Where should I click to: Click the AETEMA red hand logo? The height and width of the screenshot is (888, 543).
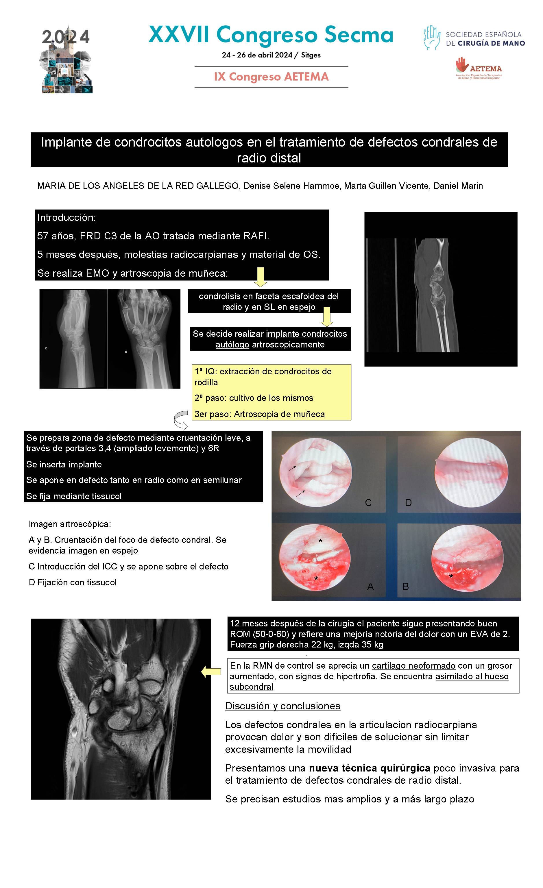[x=461, y=64]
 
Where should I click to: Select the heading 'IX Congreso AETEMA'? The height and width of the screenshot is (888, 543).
[x=271, y=77]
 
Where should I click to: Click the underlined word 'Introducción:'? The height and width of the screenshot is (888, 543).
[x=66, y=218]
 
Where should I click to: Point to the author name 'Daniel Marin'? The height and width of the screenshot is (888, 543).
[x=458, y=186]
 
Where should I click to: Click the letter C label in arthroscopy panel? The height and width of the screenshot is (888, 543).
[x=368, y=503]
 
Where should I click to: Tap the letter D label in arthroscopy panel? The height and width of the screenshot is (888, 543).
[x=408, y=503]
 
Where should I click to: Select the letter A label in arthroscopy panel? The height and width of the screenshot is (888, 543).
[x=370, y=587]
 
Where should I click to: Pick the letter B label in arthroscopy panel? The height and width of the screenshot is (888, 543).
[x=406, y=587]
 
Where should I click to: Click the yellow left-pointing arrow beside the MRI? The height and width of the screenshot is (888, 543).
[x=211, y=672]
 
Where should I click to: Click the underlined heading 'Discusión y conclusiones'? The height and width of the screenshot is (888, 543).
[x=283, y=706]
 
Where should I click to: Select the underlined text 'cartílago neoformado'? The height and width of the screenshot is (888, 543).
[x=413, y=666]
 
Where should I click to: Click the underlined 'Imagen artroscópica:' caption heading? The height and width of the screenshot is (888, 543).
[x=70, y=524]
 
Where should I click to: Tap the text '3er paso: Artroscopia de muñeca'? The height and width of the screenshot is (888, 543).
[x=260, y=414]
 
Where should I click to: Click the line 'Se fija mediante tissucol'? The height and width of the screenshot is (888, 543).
[x=74, y=496]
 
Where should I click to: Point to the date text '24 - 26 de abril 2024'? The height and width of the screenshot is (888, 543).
[x=257, y=55]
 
